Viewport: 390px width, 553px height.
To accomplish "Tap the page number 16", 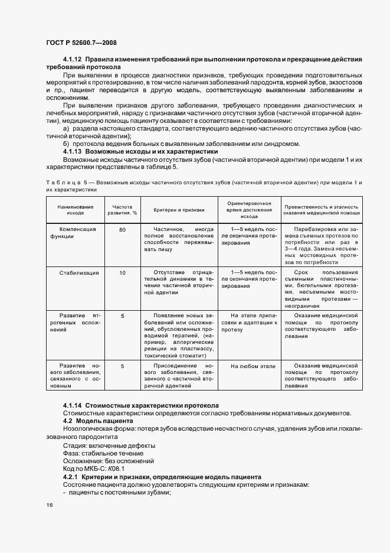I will pyautogui.click(x=48, y=505).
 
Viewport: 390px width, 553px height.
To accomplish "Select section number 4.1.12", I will pyautogui.click(x=73, y=60).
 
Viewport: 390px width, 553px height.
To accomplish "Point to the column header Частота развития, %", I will pyautogui.click(x=122, y=210).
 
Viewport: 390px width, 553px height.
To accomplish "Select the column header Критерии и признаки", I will pyautogui.click(x=179, y=210).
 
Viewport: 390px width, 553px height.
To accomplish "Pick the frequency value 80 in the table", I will pyautogui.click(x=122, y=229).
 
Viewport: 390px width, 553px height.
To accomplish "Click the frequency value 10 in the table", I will pyautogui.click(x=122, y=272).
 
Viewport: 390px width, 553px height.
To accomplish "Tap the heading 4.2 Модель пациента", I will pyautogui.click(x=98, y=420).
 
